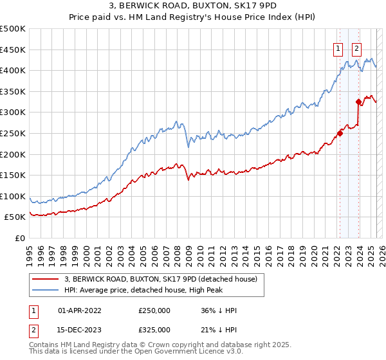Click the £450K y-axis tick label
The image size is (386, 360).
click(x=13, y=50)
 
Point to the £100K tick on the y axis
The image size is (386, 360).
click(x=13, y=197)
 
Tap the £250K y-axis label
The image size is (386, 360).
click(x=13, y=134)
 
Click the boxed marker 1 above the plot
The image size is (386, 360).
click(x=338, y=47)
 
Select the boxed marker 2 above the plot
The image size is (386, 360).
click(x=356, y=47)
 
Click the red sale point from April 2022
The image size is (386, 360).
click(x=340, y=134)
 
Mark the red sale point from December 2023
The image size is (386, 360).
click(x=358, y=102)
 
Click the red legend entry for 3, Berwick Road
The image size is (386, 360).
click(x=161, y=279)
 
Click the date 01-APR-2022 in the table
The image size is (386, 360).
click(x=80, y=310)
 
